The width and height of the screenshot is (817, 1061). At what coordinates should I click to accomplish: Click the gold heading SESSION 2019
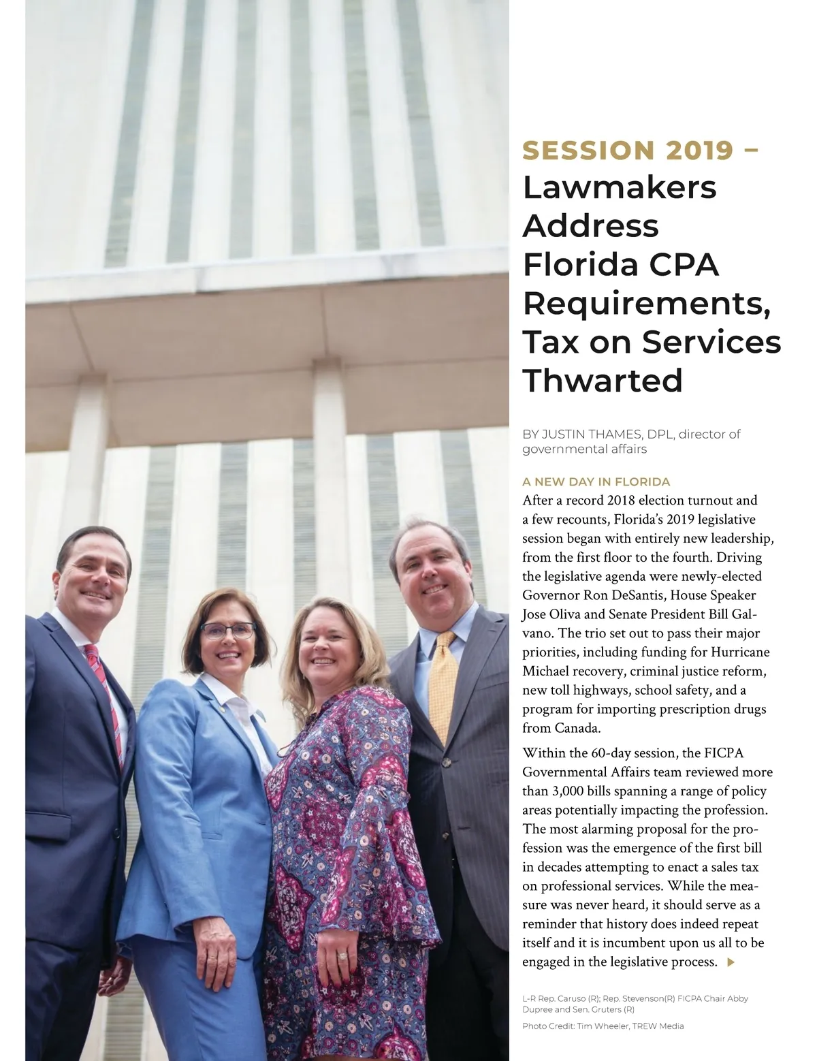(628, 151)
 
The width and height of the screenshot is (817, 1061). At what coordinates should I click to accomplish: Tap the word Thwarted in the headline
(603, 380)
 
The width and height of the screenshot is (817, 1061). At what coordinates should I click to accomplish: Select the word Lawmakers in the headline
(620, 187)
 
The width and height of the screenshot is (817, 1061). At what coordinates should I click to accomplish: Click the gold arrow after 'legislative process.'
(731, 962)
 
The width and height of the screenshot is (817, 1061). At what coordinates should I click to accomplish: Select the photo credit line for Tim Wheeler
(603, 1026)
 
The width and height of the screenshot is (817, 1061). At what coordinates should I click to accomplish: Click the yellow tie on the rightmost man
(445, 681)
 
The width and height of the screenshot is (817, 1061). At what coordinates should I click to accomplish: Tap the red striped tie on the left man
(106, 695)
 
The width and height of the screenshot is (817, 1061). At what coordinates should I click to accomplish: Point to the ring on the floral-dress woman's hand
(341, 955)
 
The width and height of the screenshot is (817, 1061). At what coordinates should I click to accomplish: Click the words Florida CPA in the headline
(620, 264)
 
